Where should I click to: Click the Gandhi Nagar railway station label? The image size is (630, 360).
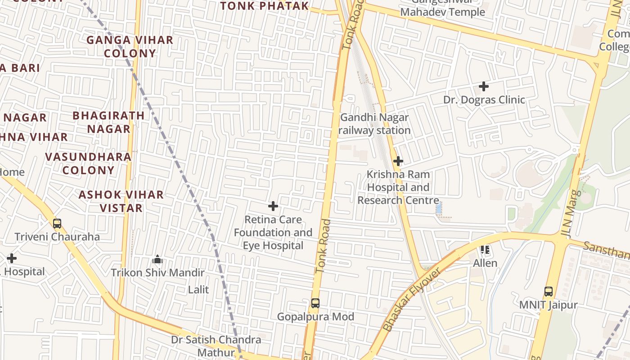point(374,124)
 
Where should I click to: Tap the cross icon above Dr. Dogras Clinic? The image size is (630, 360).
point(484,86)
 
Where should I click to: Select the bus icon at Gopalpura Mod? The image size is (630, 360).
point(315,303)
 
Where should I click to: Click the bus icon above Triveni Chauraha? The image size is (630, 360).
point(57,224)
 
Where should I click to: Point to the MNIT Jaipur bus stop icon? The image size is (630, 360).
point(548,292)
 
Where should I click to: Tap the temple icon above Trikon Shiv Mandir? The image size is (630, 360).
point(157,260)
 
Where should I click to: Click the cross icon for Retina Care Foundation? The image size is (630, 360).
point(273,207)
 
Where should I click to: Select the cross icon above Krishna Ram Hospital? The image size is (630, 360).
point(398,161)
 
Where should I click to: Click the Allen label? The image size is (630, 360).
point(485,263)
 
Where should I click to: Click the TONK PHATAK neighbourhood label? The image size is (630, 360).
point(265,6)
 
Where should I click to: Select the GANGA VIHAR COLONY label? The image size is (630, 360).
point(130,46)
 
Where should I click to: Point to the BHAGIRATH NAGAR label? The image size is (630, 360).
point(108,122)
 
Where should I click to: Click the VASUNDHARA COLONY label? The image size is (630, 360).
point(88,163)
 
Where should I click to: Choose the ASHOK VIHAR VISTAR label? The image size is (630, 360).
point(121,201)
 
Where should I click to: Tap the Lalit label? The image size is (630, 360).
point(198,289)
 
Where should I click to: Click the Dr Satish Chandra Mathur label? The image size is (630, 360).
point(216,346)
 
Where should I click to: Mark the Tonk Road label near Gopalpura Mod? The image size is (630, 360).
point(323,246)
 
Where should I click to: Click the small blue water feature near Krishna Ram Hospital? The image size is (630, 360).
point(439,208)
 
